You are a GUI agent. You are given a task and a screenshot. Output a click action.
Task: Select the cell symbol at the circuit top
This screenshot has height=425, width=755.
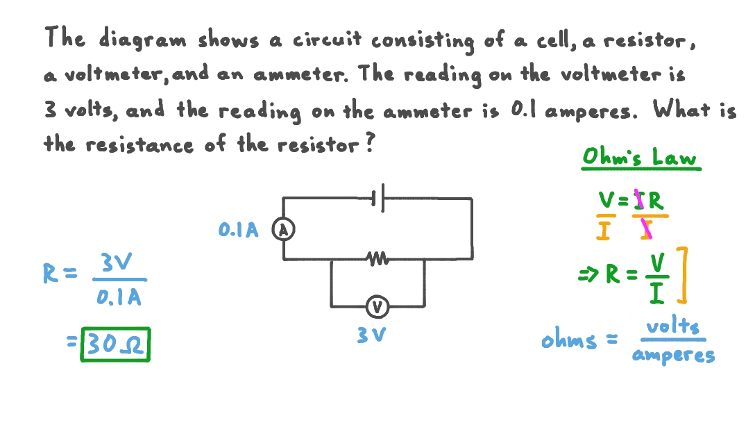(x=377, y=199)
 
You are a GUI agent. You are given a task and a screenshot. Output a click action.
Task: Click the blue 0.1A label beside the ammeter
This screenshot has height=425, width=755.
(x=238, y=231)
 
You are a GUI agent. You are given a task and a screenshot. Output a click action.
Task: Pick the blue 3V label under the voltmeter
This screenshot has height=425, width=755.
(x=371, y=335)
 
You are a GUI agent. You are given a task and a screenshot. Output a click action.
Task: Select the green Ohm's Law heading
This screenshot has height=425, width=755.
(x=640, y=157)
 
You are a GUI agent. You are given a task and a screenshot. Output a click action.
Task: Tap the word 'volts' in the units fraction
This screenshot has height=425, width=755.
(x=672, y=326)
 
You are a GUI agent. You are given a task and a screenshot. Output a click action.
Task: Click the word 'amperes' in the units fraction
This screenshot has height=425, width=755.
(x=672, y=356)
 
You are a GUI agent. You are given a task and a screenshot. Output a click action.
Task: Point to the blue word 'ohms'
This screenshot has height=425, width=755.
(x=569, y=340)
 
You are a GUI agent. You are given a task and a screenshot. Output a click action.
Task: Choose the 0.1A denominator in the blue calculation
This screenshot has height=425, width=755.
(x=119, y=298)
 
